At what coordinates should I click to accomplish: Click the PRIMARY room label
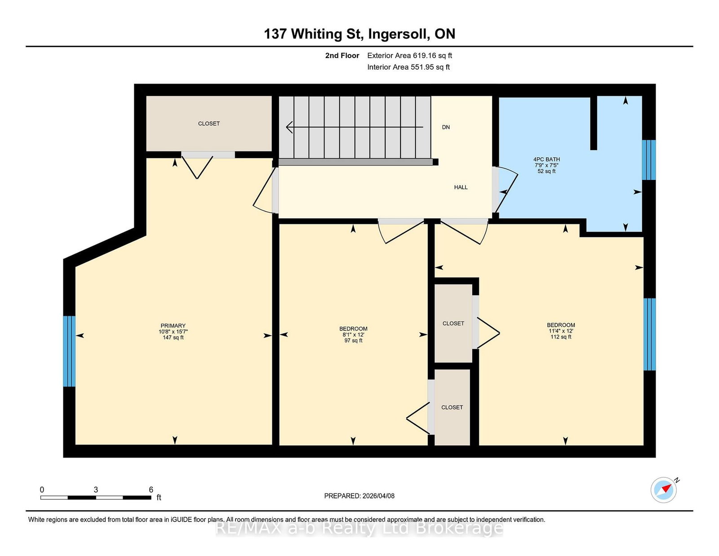pyautogui.click(x=173, y=326)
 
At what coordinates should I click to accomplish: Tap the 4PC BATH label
pyautogui.click(x=546, y=159)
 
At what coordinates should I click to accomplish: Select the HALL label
pyautogui.click(x=461, y=187)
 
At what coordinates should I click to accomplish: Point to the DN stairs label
pyautogui.click(x=446, y=127)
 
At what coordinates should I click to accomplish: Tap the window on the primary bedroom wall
pyautogui.click(x=69, y=351)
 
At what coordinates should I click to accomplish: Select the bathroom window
pyautogui.click(x=648, y=160)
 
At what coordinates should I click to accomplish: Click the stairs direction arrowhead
pyautogui.click(x=289, y=127)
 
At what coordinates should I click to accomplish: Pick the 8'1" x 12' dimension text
pyautogui.click(x=353, y=334)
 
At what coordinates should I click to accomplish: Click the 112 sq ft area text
pyautogui.click(x=561, y=337)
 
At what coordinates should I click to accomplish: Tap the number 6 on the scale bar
pyautogui.click(x=151, y=489)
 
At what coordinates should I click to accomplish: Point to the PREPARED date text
pyautogui.click(x=359, y=496)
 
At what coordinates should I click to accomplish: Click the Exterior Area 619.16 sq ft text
pyautogui.click(x=410, y=56)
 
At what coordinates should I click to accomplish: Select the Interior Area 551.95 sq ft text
pyautogui.click(x=408, y=67)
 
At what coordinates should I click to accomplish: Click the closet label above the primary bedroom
pyautogui.click(x=209, y=124)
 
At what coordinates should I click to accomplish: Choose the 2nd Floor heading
pyautogui.click(x=342, y=56)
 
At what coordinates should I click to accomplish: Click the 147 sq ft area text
pyautogui.click(x=173, y=338)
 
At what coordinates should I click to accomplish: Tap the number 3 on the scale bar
pyautogui.click(x=96, y=489)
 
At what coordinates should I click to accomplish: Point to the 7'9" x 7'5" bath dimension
pyautogui.click(x=546, y=165)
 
